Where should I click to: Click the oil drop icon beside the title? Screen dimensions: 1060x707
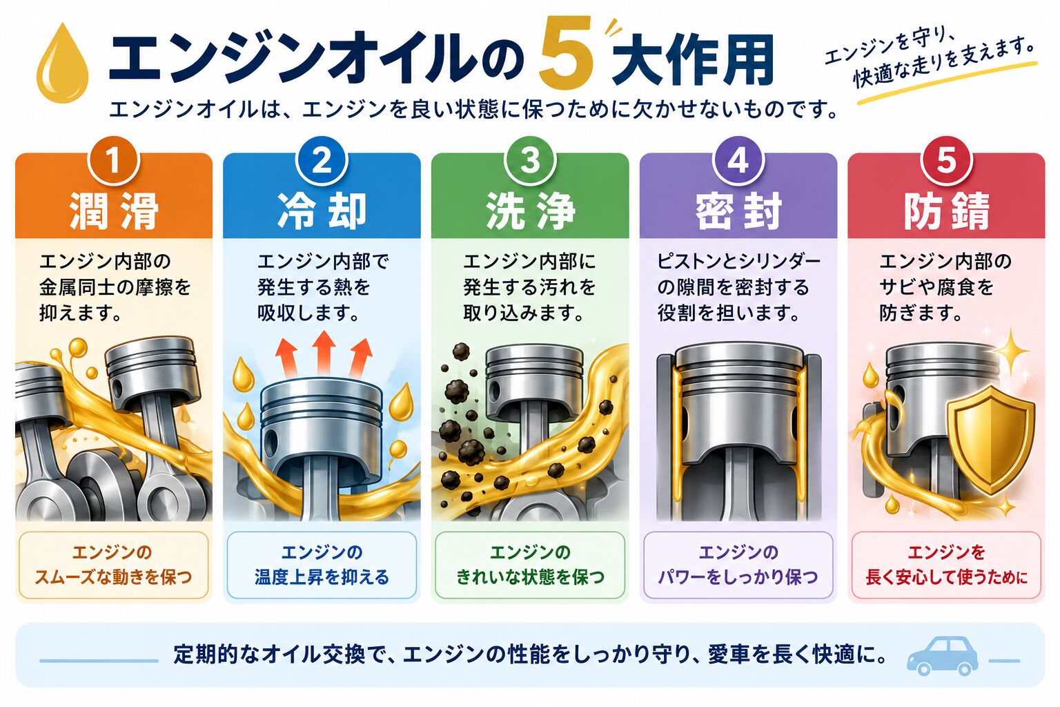click(63, 64)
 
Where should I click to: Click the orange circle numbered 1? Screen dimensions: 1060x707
click(113, 161)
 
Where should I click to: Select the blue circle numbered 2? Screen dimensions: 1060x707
click(322, 161)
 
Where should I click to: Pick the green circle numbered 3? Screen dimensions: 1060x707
click(530, 161)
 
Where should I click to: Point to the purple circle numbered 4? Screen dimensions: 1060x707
click(738, 161)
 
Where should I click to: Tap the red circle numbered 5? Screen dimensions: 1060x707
click(946, 161)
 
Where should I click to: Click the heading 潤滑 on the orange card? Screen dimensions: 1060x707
click(114, 211)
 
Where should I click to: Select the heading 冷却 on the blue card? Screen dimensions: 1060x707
click(322, 211)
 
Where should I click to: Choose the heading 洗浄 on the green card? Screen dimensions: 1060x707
click(531, 211)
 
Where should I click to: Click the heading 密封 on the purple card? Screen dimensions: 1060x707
click(738, 211)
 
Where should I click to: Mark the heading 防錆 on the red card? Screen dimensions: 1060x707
click(947, 211)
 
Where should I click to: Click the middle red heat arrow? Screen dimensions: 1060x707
click(324, 352)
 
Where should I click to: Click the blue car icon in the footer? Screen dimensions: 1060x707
click(943, 655)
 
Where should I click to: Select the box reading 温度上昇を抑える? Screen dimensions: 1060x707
click(322, 565)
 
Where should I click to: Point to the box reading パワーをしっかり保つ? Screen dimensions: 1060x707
click(738, 565)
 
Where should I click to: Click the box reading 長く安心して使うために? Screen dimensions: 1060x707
click(946, 565)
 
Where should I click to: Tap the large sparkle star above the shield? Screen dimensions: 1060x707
click(1011, 351)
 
